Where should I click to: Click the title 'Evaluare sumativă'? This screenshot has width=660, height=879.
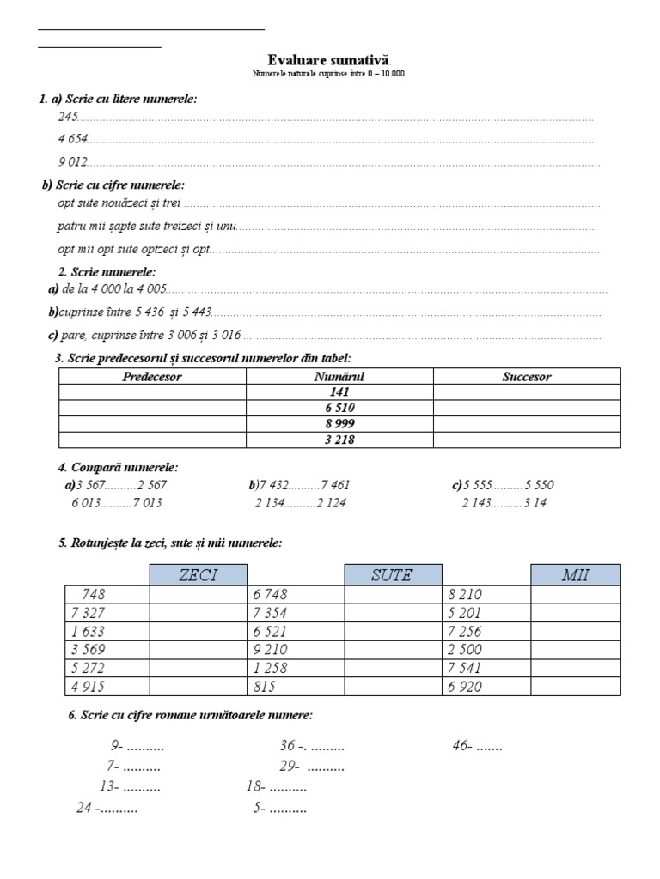click(x=330, y=59)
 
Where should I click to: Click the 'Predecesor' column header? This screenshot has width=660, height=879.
click(x=152, y=376)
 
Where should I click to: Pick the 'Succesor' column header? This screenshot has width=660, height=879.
click(x=526, y=376)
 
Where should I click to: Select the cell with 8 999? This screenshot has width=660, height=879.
click(x=339, y=424)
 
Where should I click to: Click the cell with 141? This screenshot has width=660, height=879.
click(x=339, y=392)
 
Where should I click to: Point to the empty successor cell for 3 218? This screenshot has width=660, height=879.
click(x=526, y=439)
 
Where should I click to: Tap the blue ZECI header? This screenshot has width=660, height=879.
click(x=199, y=575)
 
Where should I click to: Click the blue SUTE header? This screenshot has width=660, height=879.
click(x=393, y=575)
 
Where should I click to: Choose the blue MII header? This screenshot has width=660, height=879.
click(x=575, y=575)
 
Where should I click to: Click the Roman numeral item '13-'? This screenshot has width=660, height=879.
click(x=109, y=786)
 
